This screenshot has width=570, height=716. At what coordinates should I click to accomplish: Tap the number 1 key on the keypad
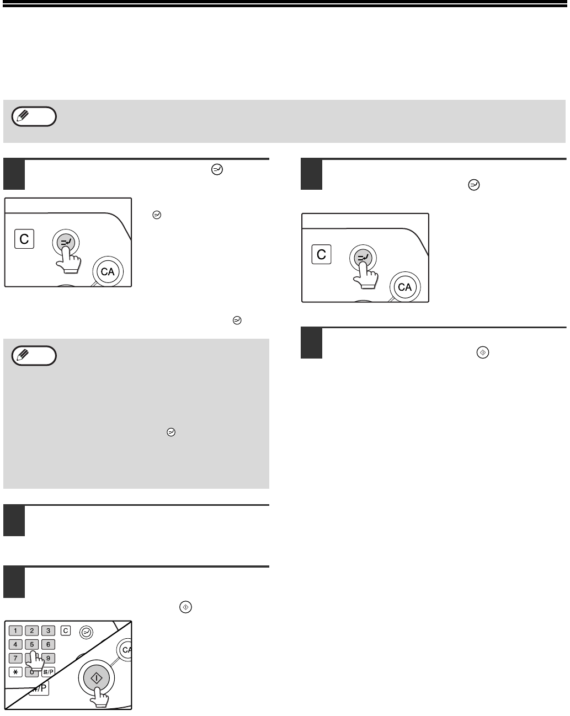click(15, 630)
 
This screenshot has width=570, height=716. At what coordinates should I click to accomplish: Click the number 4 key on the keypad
click(15, 644)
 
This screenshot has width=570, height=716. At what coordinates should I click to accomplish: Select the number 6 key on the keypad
click(48, 644)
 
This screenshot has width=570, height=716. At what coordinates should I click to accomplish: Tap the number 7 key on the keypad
click(15, 658)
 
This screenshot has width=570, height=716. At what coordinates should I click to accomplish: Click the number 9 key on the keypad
click(49, 658)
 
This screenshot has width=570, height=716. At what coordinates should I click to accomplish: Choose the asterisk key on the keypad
click(15, 672)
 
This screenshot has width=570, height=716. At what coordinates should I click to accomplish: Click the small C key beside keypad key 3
click(66, 630)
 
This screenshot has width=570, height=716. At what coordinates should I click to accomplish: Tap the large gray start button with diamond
click(97, 678)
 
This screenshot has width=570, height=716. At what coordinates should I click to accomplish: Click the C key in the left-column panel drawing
click(24, 239)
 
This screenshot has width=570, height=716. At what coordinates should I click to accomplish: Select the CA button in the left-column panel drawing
click(108, 271)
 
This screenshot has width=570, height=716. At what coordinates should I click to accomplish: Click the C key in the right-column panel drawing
click(321, 254)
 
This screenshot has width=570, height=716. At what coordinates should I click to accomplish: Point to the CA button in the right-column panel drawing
click(405, 287)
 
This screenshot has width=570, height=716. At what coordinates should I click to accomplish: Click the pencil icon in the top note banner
click(23, 116)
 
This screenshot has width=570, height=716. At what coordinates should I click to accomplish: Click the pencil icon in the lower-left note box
click(23, 355)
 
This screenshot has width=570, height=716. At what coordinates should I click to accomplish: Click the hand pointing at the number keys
click(35, 661)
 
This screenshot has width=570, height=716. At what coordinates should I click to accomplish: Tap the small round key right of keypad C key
click(86, 632)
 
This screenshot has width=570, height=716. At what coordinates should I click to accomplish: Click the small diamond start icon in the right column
click(483, 352)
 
